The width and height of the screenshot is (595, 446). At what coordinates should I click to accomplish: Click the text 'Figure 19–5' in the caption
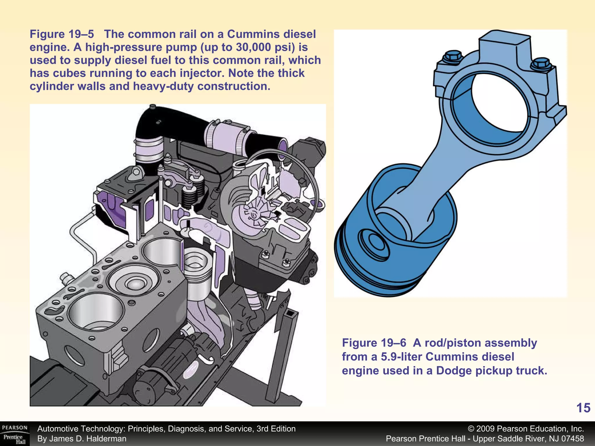[x=62, y=34]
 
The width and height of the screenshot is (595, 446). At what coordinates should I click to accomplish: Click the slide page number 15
[x=583, y=408]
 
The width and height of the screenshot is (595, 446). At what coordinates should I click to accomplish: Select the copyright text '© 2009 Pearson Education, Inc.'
[x=526, y=429]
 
